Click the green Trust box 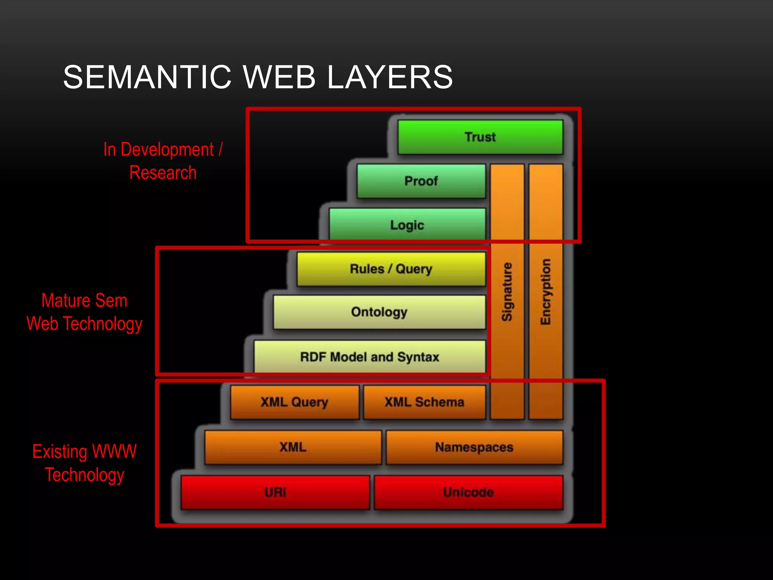(x=480, y=137)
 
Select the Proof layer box (x=421, y=181)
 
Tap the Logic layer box (x=407, y=225)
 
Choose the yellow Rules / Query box (x=391, y=269)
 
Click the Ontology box (x=379, y=312)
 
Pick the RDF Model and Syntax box (x=369, y=357)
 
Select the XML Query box (x=294, y=402)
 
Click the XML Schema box (x=424, y=402)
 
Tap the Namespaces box (x=474, y=447)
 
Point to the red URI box (x=275, y=492)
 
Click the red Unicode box (x=468, y=492)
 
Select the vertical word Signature (x=507, y=292)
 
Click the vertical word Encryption (x=546, y=292)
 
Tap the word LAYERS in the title (x=390, y=77)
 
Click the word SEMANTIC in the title (x=147, y=77)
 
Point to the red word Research (x=163, y=173)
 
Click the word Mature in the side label (x=66, y=301)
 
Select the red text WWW (x=114, y=452)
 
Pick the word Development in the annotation (x=167, y=150)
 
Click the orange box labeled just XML (x=293, y=447)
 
